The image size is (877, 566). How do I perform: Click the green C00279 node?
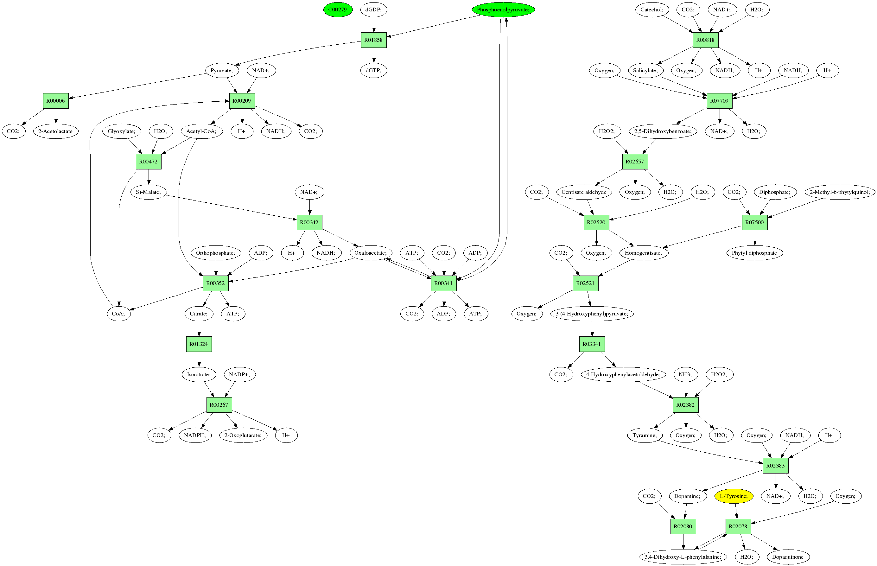click(x=338, y=10)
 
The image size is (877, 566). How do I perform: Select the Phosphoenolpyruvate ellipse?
click(x=503, y=10)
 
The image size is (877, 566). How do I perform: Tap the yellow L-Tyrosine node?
click(x=733, y=496)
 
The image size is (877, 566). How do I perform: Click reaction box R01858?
click(x=374, y=40)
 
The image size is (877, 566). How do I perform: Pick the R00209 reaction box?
click(x=242, y=101)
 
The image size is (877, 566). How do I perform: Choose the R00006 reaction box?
click(x=55, y=101)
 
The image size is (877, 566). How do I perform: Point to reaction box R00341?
click(x=443, y=283)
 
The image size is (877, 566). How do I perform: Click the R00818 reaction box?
click(x=705, y=40)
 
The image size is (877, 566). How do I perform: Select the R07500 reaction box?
click(x=754, y=222)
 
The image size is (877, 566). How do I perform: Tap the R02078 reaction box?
click(x=738, y=527)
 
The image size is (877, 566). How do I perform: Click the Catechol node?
click(x=652, y=10)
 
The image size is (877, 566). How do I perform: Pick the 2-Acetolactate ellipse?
click(x=55, y=131)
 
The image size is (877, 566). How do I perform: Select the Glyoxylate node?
click(x=122, y=131)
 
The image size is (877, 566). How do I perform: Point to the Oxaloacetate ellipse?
click(x=371, y=253)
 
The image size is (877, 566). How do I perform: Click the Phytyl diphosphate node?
click(x=754, y=253)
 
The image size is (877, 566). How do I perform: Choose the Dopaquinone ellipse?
click(x=788, y=557)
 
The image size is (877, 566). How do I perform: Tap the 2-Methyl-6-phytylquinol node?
click(x=840, y=192)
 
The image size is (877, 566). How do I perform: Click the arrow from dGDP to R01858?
click(x=374, y=25)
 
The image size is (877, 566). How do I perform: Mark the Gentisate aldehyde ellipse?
click(x=584, y=192)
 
